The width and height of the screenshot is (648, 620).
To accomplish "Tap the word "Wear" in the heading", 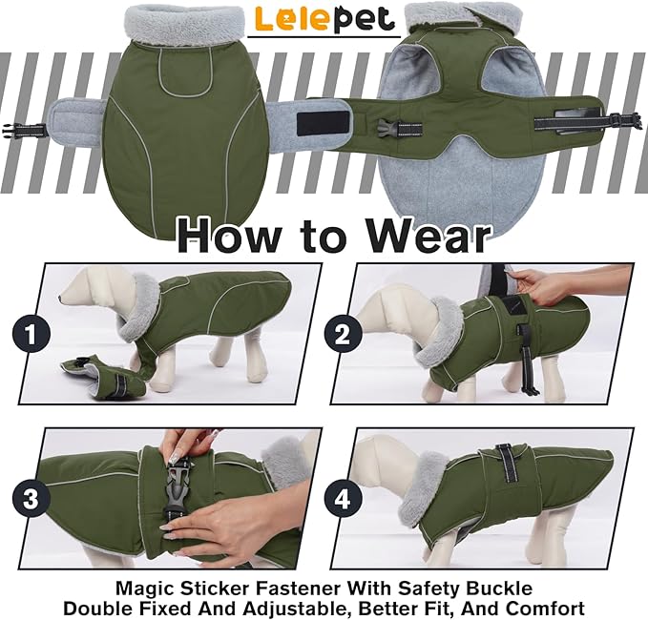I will (428, 234).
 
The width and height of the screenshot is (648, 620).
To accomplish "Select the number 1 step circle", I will (31, 336).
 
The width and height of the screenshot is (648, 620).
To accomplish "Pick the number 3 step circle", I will (31, 499).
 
